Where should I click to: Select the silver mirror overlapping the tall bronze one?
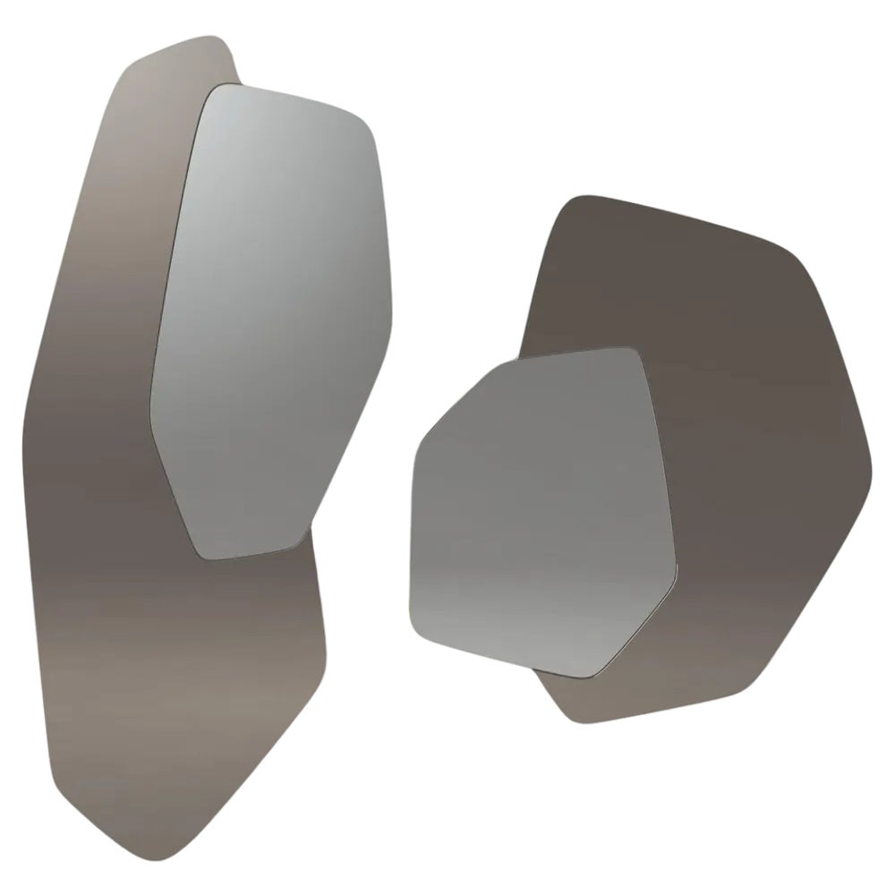click(268, 313)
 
